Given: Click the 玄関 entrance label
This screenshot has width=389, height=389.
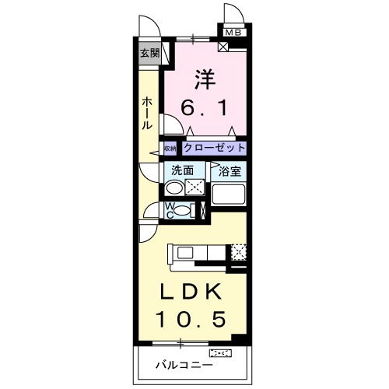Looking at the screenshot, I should click(x=150, y=54).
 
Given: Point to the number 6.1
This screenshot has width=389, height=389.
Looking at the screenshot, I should click(x=206, y=108).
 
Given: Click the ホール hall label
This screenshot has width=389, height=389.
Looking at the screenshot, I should click(x=148, y=114).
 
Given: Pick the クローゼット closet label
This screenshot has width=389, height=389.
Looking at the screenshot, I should click(x=215, y=148).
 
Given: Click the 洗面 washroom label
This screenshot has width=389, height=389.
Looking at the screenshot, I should click(x=182, y=169).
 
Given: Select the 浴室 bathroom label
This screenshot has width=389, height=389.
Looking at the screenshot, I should click(x=230, y=169).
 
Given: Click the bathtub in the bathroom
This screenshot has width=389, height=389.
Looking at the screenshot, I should click(x=229, y=194).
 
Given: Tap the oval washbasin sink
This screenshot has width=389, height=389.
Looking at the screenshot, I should click(x=175, y=188).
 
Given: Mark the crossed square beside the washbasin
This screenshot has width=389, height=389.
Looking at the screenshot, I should click(x=195, y=187).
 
